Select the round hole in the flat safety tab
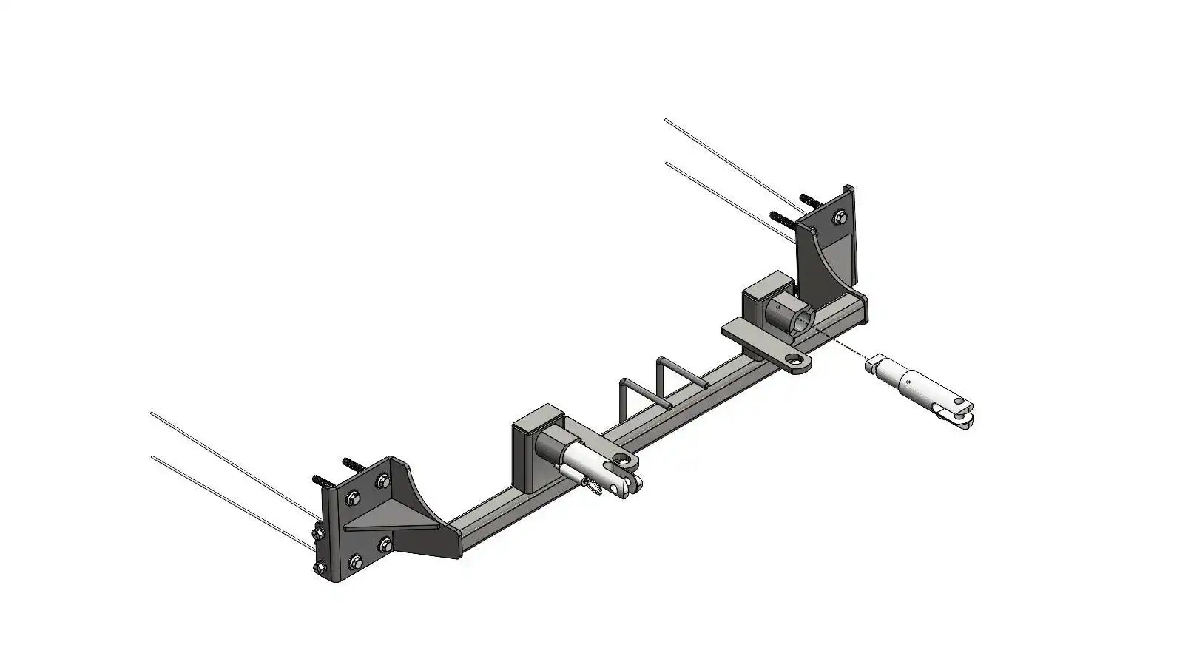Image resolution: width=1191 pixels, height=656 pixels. tap(796, 362)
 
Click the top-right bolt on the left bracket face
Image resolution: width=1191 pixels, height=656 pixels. tap(382, 481)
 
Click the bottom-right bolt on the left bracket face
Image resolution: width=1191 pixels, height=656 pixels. tap(385, 546)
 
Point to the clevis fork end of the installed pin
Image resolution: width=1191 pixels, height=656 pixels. tap(626, 473)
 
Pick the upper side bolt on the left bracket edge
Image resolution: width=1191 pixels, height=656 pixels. tap(320, 532)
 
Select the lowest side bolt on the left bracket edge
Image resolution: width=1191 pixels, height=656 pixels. tap(320, 568)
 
